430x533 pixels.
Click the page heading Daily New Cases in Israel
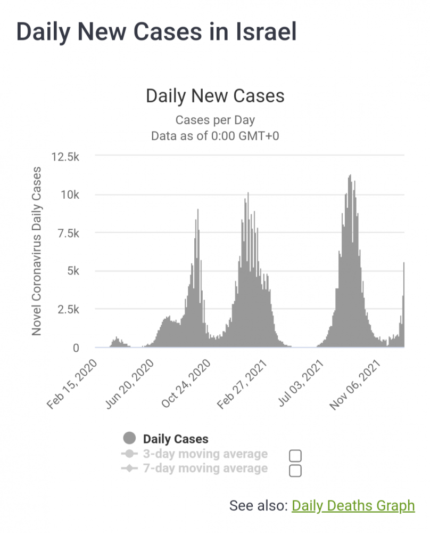[x=156, y=31]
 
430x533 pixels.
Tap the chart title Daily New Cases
[x=215, y=96]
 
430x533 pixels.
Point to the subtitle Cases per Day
[x=215, y=120]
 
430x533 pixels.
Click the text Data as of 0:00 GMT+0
[x=215, y=135]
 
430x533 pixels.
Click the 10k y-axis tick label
[x=70, y=195]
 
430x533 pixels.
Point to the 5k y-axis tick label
[x=72, y=271]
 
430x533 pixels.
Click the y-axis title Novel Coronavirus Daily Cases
[x=37, y=251]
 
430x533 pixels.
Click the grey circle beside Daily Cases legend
[x=129, y=439]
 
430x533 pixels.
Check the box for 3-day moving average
[x=295, y=456]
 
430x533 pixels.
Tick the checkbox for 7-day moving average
[x=295, y=470]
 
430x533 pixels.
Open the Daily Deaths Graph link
[x=353, y=505]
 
